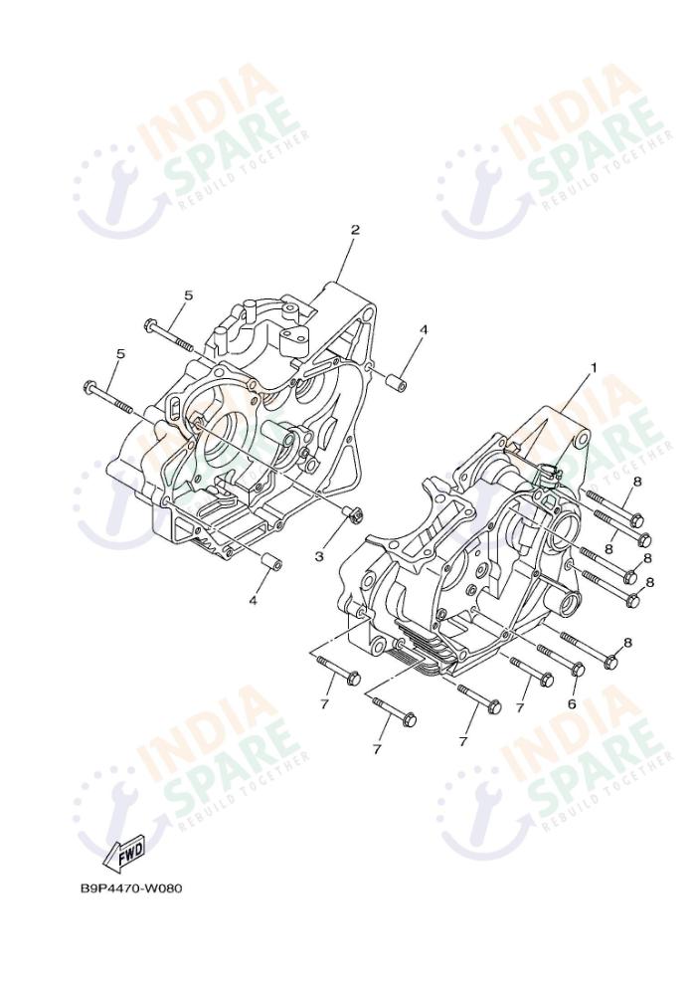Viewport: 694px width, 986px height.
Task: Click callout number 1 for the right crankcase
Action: (594, 367)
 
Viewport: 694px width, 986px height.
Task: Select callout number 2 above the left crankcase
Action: (354, 230)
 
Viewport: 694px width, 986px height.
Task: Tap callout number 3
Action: (319, 556)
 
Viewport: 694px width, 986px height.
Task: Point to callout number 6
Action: (572, 703)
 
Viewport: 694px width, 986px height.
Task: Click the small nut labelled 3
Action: (348, 513)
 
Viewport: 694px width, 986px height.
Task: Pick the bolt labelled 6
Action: (576, 669)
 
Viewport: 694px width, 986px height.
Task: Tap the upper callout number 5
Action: (187, 296)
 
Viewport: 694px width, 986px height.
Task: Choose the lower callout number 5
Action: (120, 353)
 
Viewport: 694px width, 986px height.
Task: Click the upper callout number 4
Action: (423, 329)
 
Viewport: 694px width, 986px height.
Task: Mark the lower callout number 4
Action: (253, 601)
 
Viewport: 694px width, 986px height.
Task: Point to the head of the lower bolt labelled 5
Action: (89, 386)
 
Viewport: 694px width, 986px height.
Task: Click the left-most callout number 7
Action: (324, 704)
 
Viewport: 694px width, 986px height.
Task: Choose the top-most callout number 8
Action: (636, 481)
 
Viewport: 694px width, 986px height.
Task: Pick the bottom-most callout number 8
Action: (626, 644)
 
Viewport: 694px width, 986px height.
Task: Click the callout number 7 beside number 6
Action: (519, 707)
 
